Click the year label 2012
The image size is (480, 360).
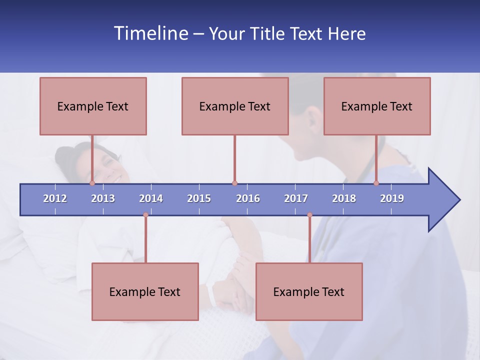(55, 198)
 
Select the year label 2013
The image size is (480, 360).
(103, 198)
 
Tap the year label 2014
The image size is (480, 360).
(151, 198)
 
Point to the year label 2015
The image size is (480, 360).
(199, 198)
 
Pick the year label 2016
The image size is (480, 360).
(248, 198)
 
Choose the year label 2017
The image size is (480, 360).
(296, 198)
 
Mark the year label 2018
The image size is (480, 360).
(344, 198)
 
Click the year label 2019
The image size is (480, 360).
(392, 198)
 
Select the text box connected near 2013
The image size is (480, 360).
(93, 106)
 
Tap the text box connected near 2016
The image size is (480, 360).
(235, 106)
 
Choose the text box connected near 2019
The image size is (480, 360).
(377, 106)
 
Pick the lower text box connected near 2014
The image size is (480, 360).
(145, 291)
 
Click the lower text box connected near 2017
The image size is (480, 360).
(309, 291)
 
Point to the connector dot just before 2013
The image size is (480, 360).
(92, 183)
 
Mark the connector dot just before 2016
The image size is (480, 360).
(234, 183)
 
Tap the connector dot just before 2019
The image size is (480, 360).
(376, 183)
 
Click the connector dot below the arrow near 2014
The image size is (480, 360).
(145, 215)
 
